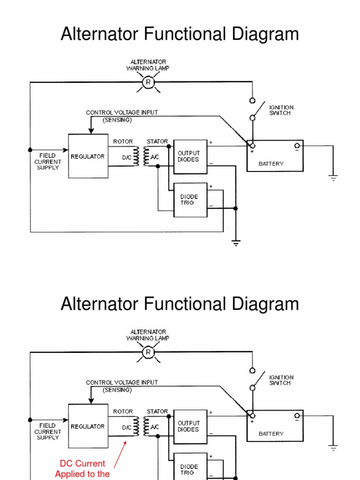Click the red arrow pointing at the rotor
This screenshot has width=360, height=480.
pos(120,452)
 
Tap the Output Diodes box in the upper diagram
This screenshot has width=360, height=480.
pos(190,156)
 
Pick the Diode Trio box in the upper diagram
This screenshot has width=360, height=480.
pos(190,200)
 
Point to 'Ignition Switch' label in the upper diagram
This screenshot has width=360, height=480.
pos(281,111)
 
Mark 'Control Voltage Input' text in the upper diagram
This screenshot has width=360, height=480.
pos(122,112)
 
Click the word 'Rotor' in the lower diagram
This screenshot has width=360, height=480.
pos(123,412)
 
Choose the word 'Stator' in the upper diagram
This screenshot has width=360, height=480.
pos(157,142)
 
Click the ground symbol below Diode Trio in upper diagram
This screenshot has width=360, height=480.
pos(236,243)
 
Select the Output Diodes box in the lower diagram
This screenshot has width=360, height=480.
pos(190,426)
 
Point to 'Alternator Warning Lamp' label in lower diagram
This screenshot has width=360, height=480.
pos(148,335)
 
